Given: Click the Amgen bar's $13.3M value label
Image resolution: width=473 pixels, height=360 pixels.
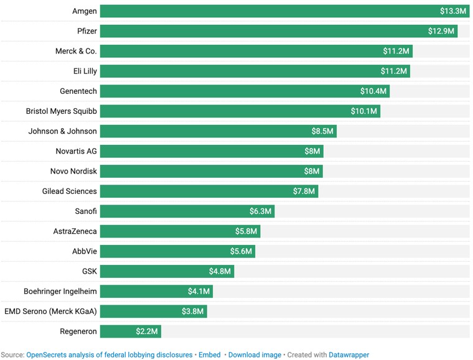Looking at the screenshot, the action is pyautogui.click(x=453, y=11).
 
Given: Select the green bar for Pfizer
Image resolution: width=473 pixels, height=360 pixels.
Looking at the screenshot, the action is pyautogui.click(x=279, y=31).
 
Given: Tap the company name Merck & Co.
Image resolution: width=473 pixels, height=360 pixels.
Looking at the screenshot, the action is pyautogui.click(x=76, y=51).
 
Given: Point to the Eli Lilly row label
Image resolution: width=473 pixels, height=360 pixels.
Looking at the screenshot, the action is pyautogui.click(x=85, y=71).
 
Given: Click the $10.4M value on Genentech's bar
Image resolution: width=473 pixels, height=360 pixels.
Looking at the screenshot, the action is pyautogui.click(x=373, y=91).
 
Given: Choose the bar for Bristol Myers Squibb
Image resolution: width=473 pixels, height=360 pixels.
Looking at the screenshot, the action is pyautogui.click(x=240, y=111).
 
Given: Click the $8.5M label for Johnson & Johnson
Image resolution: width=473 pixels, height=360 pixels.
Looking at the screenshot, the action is pyautogui.click(x=322, y=131).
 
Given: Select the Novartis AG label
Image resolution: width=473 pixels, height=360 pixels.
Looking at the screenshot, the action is pyautogui.click(x=77, y=151).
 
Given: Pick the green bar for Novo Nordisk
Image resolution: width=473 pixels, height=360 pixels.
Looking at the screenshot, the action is pyautogui.click(x=212, y=171).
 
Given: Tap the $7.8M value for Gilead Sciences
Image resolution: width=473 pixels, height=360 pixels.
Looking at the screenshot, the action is pyautogui.click(x=304, y=191).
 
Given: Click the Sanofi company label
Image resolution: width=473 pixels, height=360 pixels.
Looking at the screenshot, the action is pyautogui.click(x=86, y=211).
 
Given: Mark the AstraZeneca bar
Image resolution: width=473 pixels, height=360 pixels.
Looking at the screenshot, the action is pyautogui.click(x=180, y=231).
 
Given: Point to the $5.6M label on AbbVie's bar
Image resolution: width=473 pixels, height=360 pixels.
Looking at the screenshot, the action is pyautogui.click(x=241, y=251).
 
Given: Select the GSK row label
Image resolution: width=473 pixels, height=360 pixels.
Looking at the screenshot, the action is pyautogui.click(x=90, y=271).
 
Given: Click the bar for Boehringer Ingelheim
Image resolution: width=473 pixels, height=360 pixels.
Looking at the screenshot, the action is pyautogui.click(x=156, y=292).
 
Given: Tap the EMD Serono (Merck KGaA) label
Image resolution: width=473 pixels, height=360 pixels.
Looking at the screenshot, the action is pyautogui.click(x=50, y=312).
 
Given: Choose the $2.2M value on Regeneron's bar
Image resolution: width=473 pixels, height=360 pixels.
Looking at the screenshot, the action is pyautogui.click(x=147, y=331).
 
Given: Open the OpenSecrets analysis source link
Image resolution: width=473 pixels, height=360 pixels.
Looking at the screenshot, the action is pyautogui.click(x=109, y=355).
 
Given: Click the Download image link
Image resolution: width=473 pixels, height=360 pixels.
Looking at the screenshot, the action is pyautogui.click(x=255, y=355).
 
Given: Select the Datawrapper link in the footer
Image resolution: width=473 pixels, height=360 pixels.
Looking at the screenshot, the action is pyautogui.click(x=349, y=355).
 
